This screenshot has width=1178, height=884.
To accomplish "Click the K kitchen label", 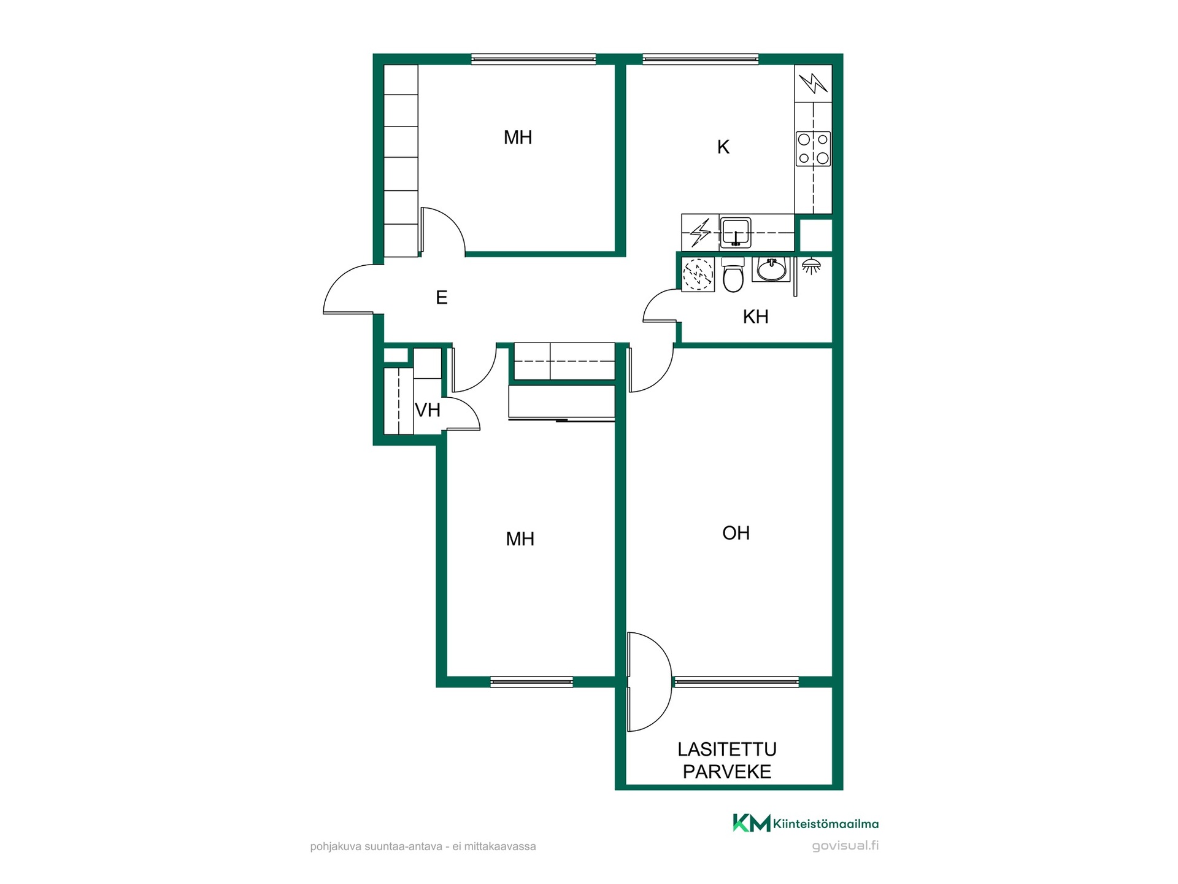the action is [x=723, y=147].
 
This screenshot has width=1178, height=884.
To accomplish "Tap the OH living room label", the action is [x=736, y=533].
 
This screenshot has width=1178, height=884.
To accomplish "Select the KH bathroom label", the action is [x=755, y=317].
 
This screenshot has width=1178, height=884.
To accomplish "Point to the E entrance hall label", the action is [x=441, y=298].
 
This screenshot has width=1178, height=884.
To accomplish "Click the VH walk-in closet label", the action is [x=428, y=410].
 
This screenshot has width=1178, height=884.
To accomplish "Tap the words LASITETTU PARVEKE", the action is [x=727, y=761].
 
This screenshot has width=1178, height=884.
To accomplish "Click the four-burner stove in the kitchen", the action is [x=814, y=149].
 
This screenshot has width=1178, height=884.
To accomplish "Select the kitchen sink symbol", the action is [x=736, y=232].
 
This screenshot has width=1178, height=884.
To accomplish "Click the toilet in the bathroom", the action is [x=733, y=274].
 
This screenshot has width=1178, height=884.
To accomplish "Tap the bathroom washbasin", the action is [x=771, y=269].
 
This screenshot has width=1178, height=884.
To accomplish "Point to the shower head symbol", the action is [x=811, y=266].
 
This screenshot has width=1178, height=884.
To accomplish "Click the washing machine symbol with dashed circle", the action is [x=698, y=274].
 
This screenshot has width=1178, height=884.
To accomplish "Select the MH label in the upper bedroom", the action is [x=518, y=138].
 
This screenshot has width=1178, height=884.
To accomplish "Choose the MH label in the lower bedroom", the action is [x=520, y=539].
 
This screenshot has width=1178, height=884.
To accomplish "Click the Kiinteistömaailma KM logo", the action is [x=806, y=823].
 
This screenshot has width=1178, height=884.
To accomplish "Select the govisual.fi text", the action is [x=845, y=846].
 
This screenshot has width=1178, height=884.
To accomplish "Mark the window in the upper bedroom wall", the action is [x=534, y=60].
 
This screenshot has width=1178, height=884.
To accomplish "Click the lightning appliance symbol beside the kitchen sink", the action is [x=700, y=232].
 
